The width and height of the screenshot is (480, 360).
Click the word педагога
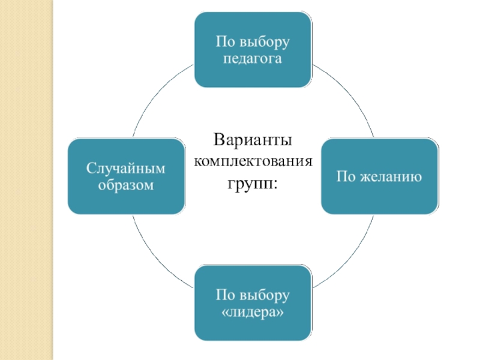pyautogui.click(x=253, y=59)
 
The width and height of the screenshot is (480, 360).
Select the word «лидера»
pyautogui.click(x=253, y=313)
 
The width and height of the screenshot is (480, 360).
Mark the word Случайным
pyautogui.click(x=126, y=168)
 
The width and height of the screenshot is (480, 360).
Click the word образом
pyautogui.click(x=126, y=185)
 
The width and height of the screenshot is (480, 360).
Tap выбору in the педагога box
pyautogui.click(x=265, y=41)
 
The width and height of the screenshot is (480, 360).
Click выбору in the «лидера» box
pyautogui.click(x=265, y=296)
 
